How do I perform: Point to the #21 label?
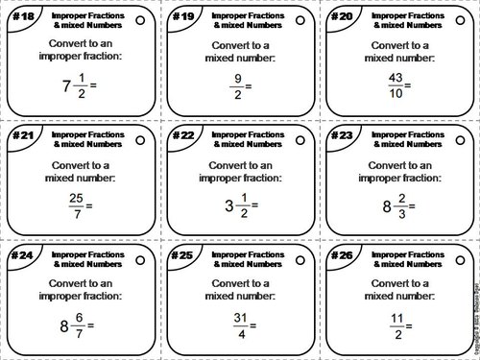tap(21, 136)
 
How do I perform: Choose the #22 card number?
tap(181, 136)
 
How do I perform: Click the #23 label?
tap(342, 136)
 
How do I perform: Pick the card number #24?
tap(21, 255)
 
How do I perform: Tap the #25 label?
tap(181, 255)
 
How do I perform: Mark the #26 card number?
tap(342, 255)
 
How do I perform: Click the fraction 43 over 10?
tap(394, 84)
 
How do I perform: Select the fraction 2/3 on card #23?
tap(402, 204)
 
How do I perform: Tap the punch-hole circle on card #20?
tap(459, 21)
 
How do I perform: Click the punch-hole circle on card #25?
tap(300, 259)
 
